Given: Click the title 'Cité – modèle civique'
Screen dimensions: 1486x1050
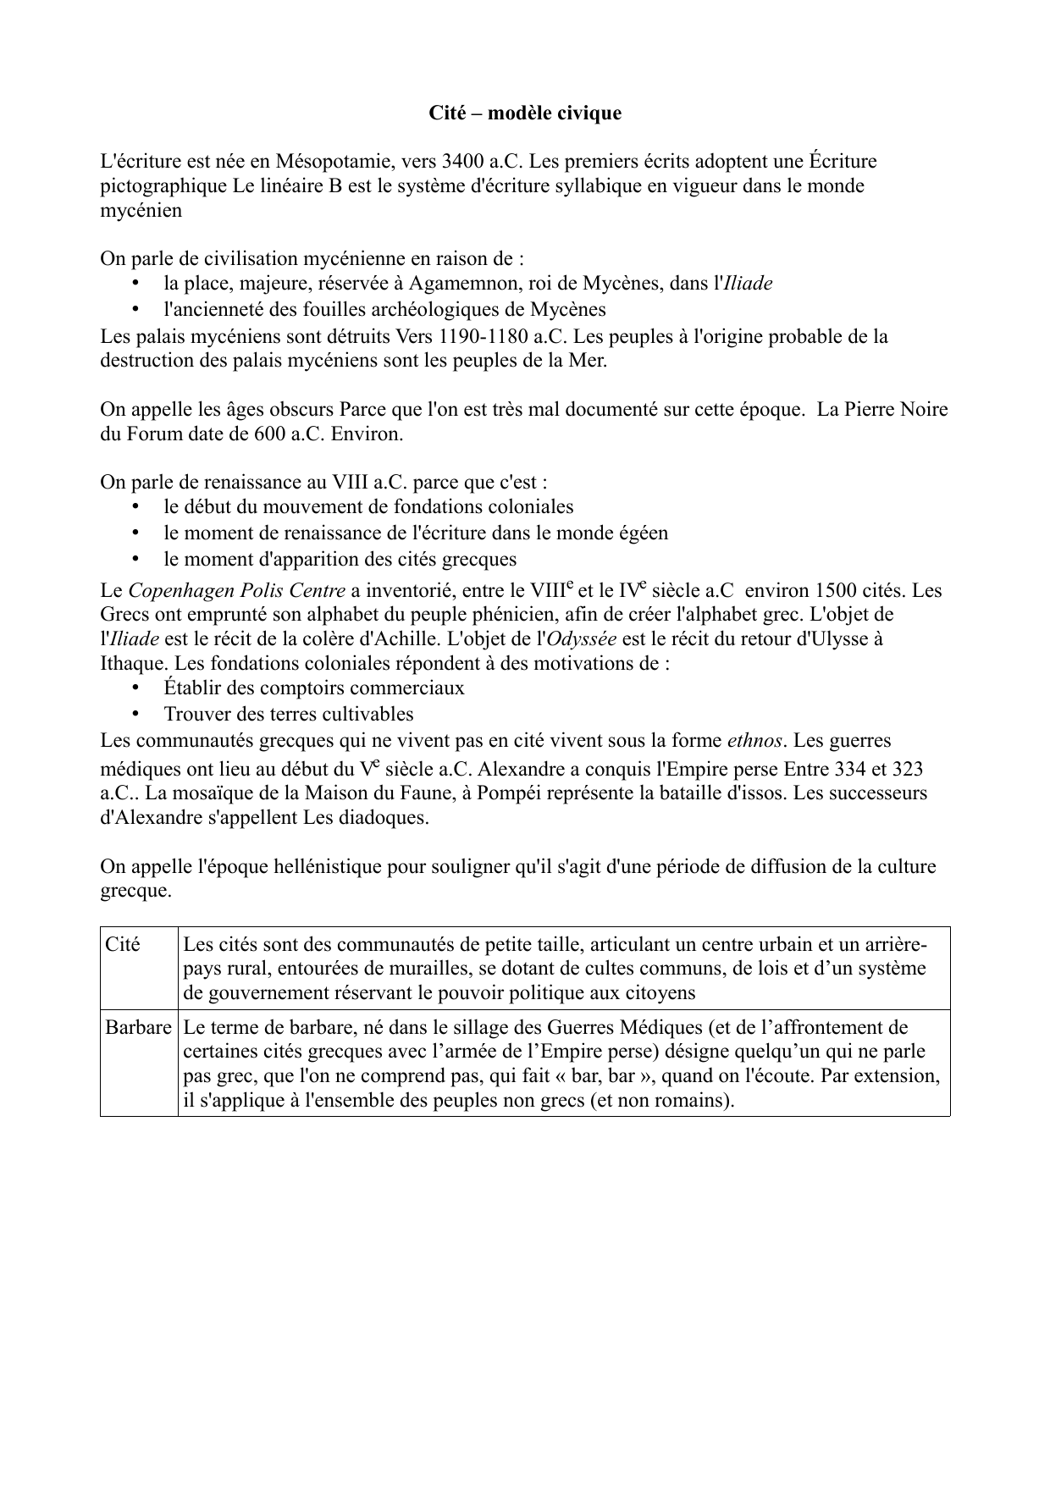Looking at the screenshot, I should [x=524, y=113].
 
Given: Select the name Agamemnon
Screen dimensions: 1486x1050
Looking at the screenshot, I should [x=458, y=284].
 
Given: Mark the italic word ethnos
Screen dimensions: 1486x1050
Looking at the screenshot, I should [x=754, y=741].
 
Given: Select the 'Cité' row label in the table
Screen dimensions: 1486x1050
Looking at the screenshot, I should [x=123, y=944].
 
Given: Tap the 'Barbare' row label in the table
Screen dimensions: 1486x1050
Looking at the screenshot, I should [x=138, y=1028].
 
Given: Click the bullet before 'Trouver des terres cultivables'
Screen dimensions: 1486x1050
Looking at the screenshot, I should [x=135, y=714].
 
